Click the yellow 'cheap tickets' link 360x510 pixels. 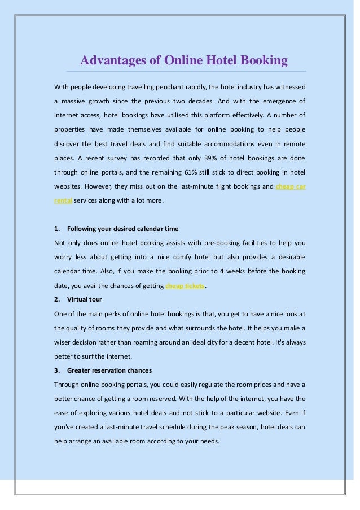185,286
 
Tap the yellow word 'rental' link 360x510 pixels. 63,200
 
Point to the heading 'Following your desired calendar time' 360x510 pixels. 122,229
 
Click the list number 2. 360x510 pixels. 56,299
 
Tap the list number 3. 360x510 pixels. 56,370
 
